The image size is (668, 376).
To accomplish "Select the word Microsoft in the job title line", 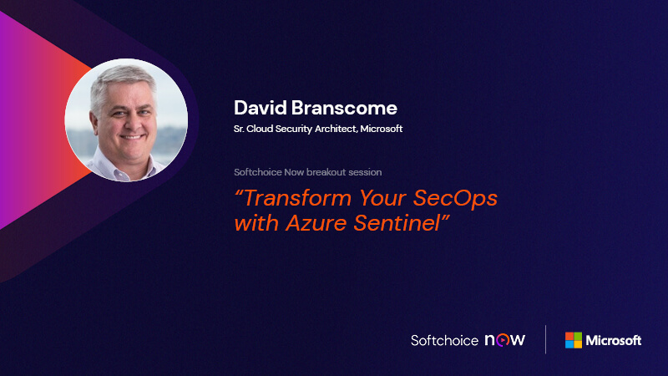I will point(382,129).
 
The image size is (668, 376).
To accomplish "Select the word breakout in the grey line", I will point(327,172).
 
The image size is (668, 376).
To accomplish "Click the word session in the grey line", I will point(365,172).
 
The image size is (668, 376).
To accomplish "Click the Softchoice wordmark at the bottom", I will point(444,340).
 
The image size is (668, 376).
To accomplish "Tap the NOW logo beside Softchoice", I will point(505,340).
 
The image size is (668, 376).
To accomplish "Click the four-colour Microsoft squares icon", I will point(574,340).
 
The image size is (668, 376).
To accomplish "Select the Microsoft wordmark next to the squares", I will point(614,340).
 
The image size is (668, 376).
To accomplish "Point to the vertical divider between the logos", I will point(545,340).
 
